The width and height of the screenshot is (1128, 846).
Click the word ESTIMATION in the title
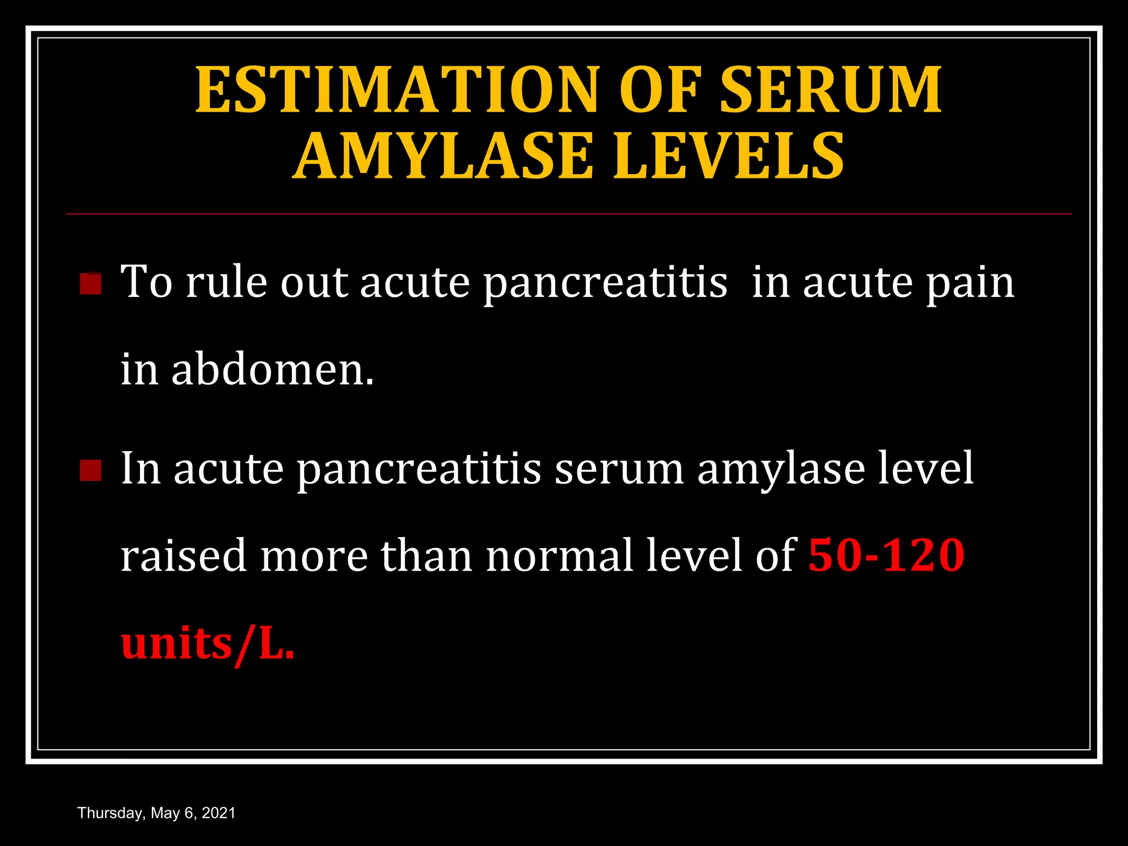click(x=397, y=90)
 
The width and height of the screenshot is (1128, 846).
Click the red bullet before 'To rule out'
click(x=91, y=284)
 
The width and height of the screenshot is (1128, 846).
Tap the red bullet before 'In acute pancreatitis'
click(x=91, y=470)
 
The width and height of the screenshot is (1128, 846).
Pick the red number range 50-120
click(x=886, y=555)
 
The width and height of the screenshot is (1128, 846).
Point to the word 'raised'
click(x=183, y=555)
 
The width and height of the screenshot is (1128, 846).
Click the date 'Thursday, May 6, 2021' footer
click(x=156, y=813)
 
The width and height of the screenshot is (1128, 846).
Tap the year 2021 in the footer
click(x=219, y=813)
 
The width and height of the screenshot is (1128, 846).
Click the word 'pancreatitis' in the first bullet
click(x=605, y=283)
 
